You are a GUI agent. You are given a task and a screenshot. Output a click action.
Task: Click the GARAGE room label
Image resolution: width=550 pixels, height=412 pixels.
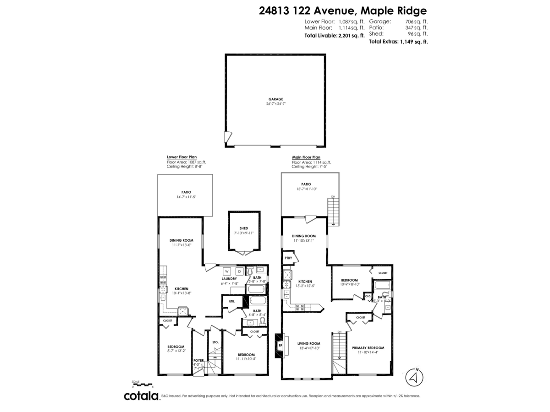[275, 99]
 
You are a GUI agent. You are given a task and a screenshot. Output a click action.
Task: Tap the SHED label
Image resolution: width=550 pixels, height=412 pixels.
[243, 228]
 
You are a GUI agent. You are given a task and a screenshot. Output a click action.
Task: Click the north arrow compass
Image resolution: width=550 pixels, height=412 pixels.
[415, 377]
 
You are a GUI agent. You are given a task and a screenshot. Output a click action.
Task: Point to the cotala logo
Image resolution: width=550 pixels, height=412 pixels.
[141, 396]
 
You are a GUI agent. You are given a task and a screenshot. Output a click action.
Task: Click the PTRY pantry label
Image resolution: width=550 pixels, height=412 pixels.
[288, 258]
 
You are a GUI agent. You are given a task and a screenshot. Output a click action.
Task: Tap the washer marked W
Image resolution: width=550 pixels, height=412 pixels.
[226, 271]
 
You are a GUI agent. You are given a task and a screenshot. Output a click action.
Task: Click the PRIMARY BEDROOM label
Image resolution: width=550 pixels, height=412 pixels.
[368, 348]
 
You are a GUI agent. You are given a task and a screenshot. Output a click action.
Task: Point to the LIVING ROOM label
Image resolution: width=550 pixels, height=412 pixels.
[308, 343]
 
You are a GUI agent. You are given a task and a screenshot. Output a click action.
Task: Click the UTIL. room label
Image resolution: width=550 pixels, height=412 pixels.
[231, 301]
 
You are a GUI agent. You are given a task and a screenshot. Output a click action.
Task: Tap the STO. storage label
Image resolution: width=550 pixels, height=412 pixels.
[215, 342]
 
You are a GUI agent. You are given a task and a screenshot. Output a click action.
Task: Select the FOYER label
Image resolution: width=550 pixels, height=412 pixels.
[198, 360]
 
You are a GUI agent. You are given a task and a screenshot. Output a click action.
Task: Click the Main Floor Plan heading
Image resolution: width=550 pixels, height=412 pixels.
[306, 157]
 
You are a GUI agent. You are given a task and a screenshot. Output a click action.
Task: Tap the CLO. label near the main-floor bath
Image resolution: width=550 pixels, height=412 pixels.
[368, 296]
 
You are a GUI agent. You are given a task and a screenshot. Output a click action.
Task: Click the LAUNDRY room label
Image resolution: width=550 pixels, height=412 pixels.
[229, 279]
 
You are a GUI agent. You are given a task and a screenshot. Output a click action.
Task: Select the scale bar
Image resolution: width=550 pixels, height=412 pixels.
[142, 385]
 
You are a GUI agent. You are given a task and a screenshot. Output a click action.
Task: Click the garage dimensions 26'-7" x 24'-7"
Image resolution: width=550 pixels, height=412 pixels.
[275, 103]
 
